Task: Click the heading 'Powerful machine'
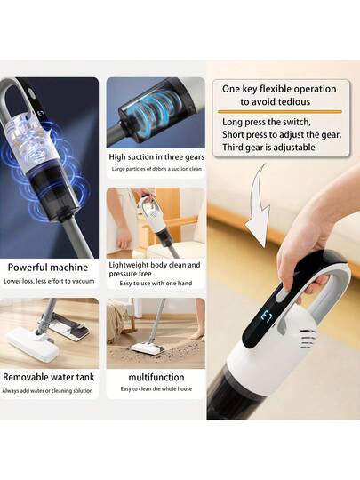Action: coord(49,267)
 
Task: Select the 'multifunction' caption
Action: coord(156,377)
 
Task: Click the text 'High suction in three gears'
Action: coord(156,156)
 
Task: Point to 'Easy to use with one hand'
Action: coord(155,284)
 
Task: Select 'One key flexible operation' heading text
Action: coord(278,89)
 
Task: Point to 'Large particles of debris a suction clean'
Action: coord(156,170)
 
